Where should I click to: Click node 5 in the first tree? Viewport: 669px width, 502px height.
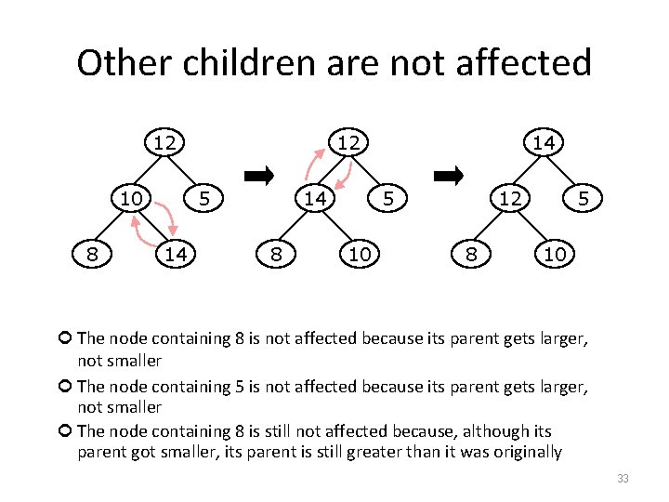(x=208, y=198)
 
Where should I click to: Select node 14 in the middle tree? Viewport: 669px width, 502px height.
(x=316, y=198)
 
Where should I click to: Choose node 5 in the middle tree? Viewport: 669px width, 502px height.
(x=389, y=198)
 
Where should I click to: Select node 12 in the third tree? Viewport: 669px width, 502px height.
(x=508, y=198)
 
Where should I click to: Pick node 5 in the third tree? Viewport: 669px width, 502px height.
(x=582, y=198)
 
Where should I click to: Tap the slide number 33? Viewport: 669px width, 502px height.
(x=622, y=479)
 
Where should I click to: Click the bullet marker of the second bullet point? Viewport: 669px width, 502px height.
(x=64, y=386)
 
